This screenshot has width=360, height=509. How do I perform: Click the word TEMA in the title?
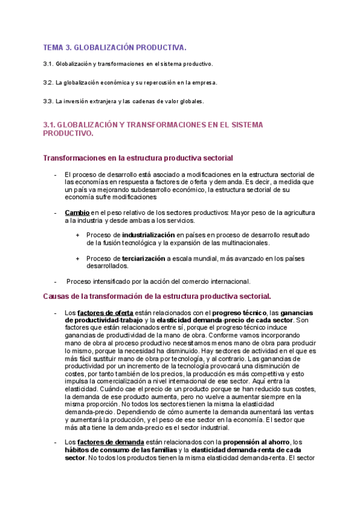point(53,47)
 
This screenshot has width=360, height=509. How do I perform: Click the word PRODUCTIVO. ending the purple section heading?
point(68,134)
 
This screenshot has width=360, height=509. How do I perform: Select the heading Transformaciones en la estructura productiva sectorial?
point(138,158)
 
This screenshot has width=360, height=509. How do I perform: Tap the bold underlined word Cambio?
point(77,212)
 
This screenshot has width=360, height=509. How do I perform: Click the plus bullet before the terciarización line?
point(78,259)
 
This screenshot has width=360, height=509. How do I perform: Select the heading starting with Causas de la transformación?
point(157,296)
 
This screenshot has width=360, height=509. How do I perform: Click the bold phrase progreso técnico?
point(239,313)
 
